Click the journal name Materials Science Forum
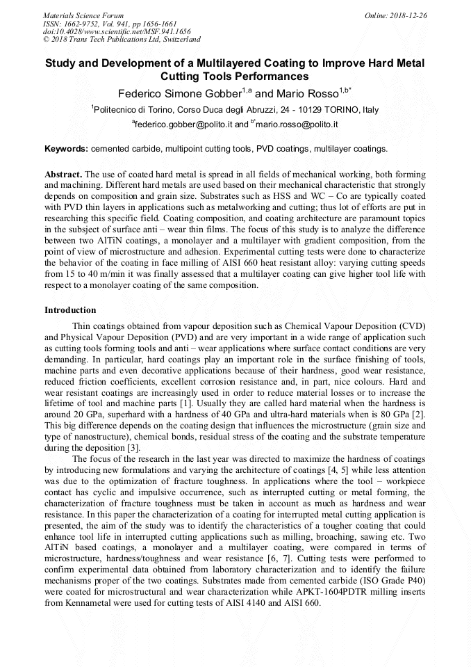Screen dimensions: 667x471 [83, 15]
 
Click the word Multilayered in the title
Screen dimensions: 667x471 [220, 63]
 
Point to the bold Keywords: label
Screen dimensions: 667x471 [67, 149]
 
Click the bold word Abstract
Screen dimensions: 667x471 [64, 173]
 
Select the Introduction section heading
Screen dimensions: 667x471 [70, 310]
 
